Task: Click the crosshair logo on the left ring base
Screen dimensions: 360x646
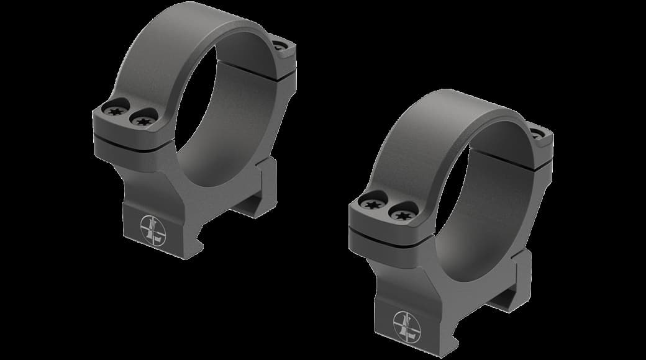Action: tap(153, 230)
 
